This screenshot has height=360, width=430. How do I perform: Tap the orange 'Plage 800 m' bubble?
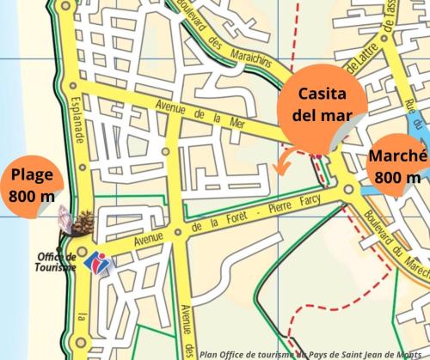click(x=31, y=186)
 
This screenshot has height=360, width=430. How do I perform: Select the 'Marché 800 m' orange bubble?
click(x=396, y=167)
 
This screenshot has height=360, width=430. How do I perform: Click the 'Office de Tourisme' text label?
click(x=57, y=261)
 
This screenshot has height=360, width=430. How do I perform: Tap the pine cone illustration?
click(x=84, y=223)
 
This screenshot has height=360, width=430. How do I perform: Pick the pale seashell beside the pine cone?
click(x=65, y=219)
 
